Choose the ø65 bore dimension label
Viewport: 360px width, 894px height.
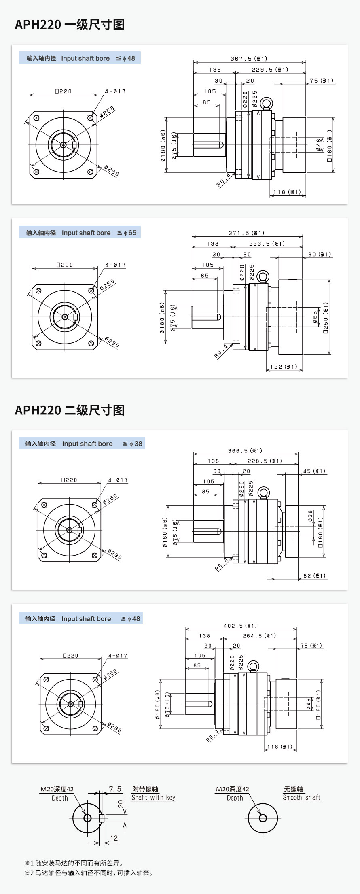coord(316,317)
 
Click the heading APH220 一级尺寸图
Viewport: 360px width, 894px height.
coord(70,25)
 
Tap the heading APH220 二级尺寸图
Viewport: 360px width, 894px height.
coord(70,410)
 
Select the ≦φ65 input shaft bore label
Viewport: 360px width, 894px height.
coord(127,233)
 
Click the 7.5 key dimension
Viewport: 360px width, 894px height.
coord(115,789)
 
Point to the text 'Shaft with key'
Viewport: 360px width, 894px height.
coord(153,797)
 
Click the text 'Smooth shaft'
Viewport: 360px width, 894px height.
coord(301,797)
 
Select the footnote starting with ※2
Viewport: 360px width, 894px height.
coord(89,873)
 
